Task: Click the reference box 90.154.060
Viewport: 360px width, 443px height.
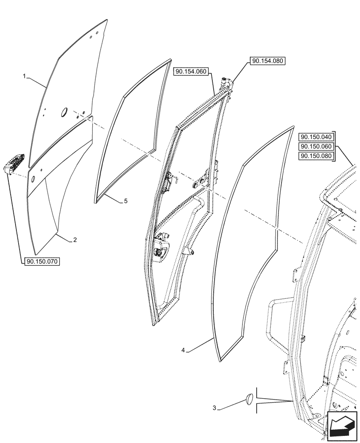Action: click(x=194, y=72)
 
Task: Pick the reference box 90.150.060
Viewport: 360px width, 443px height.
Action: click(x=316, y=146)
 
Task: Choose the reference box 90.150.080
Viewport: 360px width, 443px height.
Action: click(x=316, y=156)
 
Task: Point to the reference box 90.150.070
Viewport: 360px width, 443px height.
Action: click(x=43, y=262)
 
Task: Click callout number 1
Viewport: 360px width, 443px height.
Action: click(x=25, y=77)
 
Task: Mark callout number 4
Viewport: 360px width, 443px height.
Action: click(x=183, y=350)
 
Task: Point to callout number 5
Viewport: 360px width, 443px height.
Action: click(x=125, y=201)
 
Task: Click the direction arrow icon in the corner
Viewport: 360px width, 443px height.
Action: click(x=341, y=426)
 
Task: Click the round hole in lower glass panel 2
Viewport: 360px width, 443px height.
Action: click(x=32, y=179)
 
